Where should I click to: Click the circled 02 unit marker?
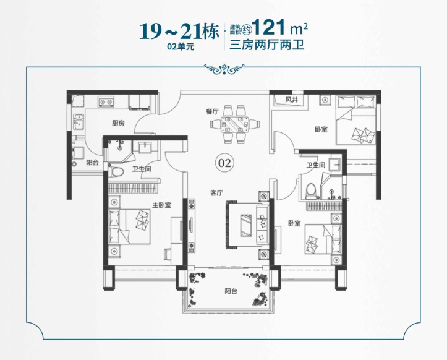click(224, 163)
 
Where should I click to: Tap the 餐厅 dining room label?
click(213, 111)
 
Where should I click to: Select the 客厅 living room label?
click(216, 193)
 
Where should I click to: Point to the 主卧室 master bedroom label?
click(161, 205)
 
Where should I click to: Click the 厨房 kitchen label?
click(118, 123)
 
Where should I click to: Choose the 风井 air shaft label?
click(291, 100)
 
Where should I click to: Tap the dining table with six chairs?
click(235, 124)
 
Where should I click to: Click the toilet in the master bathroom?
click(116, 172)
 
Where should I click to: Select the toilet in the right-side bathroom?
click(311, 191)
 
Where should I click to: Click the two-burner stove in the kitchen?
click(106, 101)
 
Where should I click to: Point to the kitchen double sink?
click(79, 122)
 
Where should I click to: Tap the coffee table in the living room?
click(246, 225)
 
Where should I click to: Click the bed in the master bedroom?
click(129, 227)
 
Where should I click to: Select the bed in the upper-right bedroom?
click(355, 120)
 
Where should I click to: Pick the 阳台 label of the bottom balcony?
click(231, 291)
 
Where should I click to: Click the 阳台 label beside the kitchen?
click(92, 163)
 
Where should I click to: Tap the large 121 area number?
click(268, 27)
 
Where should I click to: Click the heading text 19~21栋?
click(179, 31)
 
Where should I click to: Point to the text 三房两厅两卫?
click(267, 45)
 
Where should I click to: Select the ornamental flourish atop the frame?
click(224, 69)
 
